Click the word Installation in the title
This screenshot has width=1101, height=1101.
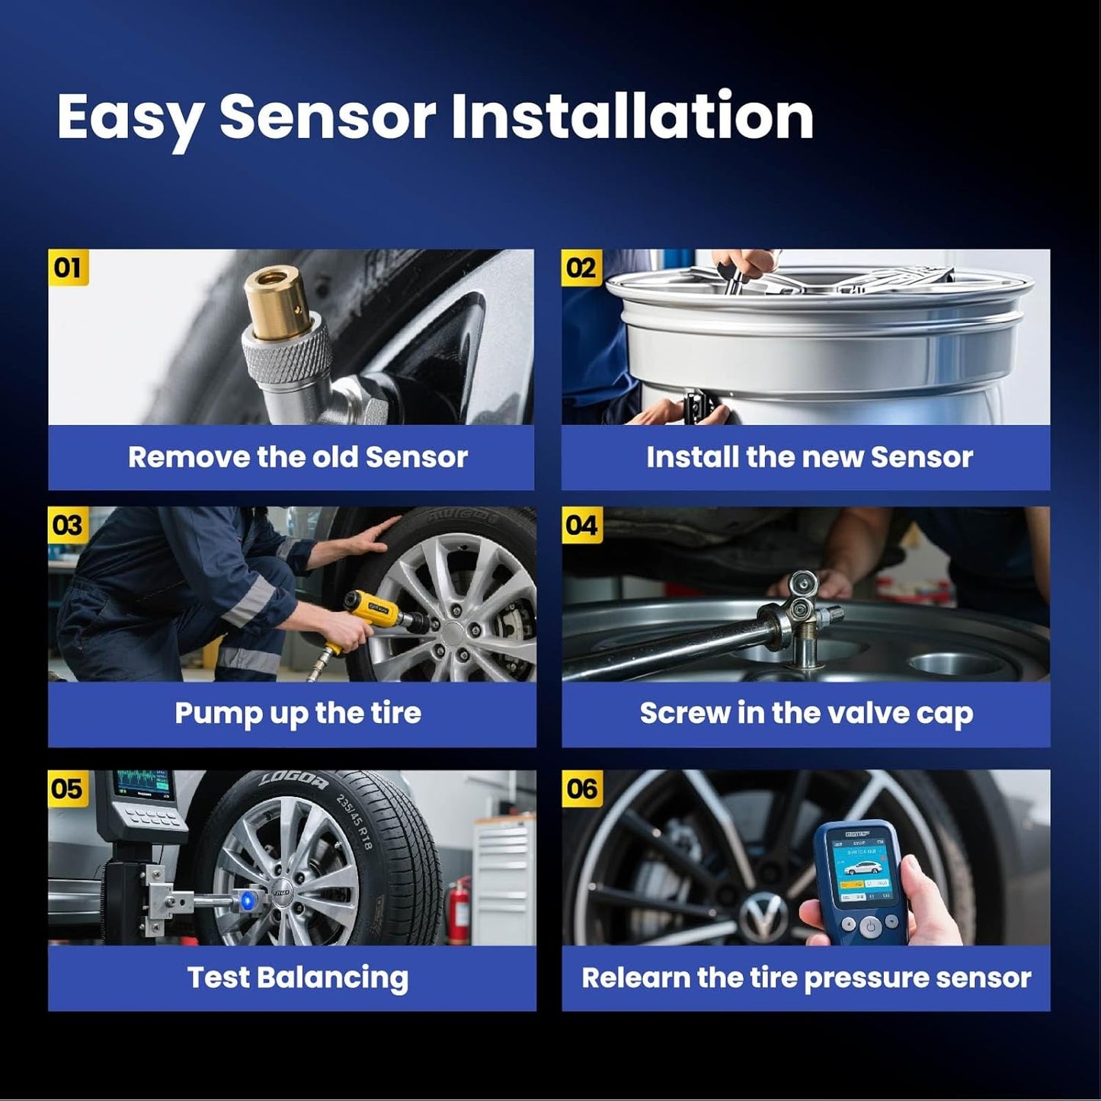pyautogui.click(x=632, y=116)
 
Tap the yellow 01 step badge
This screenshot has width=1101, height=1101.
pyautogui.click(x=68, y=267)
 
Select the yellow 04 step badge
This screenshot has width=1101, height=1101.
pyautogui.click(x=581, y=525)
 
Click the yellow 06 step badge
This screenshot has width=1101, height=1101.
pyautogui.click(x=581, y=789)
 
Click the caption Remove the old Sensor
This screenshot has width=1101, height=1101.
pyautogui.click(x=297, y=457)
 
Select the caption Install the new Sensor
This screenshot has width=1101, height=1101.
pyautogui.click(x=809, y=457)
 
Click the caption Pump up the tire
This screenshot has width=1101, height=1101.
pyautogui.click(x=297, y=713)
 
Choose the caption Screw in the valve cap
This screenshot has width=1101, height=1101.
pyautogui.click(x=806, y=713)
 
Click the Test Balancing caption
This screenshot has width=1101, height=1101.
pyautogui.click(x=297, y=978)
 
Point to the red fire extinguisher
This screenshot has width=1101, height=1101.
pyautogui.click(x=458, y=910)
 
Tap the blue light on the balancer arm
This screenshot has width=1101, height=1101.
pyautogui.click(x=246, y=901)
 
